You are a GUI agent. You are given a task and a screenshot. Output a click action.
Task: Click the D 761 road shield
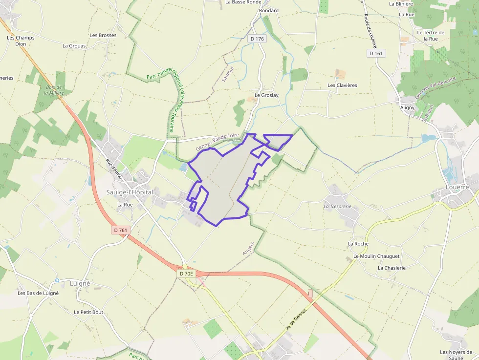(120, 230)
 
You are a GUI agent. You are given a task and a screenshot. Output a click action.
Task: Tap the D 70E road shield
(186, 274)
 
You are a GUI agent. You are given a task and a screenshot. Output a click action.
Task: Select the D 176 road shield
(257, 39)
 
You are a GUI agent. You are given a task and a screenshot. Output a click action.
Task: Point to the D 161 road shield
(376, 53)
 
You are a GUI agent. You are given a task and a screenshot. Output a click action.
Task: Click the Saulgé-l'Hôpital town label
(130, 192)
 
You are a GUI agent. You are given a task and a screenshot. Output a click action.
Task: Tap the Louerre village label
(457, 187)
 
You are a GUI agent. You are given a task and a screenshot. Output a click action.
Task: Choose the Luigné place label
(80, 283)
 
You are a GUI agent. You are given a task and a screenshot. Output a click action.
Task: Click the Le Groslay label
(266, 95)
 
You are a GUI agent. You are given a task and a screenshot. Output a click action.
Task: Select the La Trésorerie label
(338, 206)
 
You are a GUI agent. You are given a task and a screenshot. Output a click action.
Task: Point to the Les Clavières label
(342, 85)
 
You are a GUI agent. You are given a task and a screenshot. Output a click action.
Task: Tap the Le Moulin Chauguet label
(376, 256)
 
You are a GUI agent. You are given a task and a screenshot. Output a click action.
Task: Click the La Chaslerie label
(392, 268)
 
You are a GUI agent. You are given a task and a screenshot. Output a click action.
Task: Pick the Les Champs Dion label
(21, 41)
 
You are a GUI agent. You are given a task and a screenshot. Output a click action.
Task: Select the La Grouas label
(74, 46)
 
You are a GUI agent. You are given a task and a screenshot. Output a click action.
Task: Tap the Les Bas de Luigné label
(38, 293)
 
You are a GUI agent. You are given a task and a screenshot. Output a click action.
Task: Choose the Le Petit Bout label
(88, 312)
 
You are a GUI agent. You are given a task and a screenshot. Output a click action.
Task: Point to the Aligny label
(407, 107)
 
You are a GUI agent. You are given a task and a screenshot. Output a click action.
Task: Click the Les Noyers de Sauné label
(456, 355)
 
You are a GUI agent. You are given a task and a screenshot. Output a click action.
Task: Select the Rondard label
(269, 10)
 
